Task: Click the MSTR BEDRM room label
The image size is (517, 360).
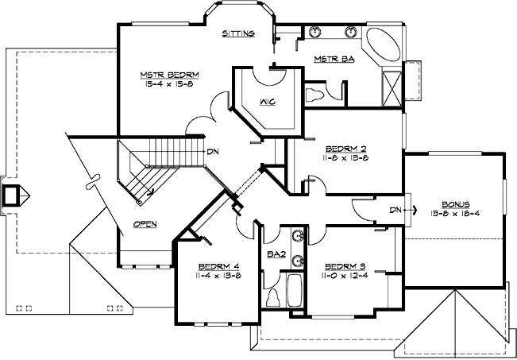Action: pos(169,75)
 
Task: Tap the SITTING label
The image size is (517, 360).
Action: pos(238,34)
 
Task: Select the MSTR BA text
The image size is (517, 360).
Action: pos(334,60)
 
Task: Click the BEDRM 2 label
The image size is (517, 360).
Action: pos(347,149)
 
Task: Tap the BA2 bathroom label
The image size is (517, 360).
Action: pos(276,255)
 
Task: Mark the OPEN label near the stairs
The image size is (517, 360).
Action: pos(145,224)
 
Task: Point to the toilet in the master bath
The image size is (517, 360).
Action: pos(315,95)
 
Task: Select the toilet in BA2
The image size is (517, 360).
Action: pos(273,296)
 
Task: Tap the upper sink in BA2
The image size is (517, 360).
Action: pos(297,236)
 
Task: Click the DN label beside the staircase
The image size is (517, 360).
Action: pos(212,151)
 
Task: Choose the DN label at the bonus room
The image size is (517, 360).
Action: pos(396,210)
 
